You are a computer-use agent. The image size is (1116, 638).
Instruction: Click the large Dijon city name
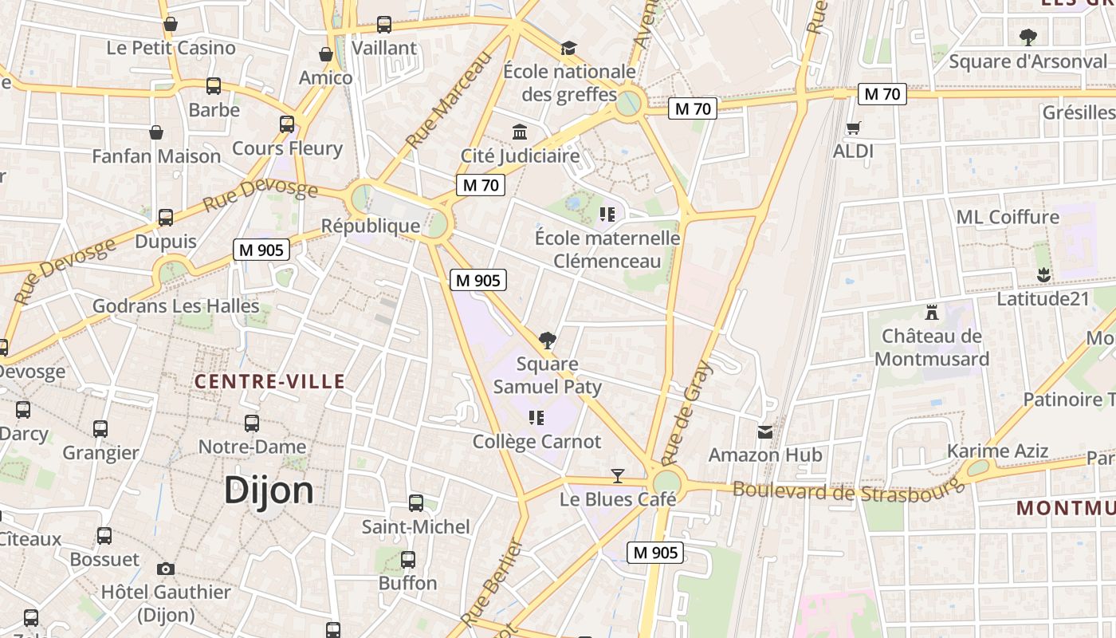pos(269,490)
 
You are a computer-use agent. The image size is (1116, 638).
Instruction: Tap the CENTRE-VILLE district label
pos(270,381)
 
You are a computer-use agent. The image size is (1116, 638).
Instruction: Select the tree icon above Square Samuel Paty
pos(547,341)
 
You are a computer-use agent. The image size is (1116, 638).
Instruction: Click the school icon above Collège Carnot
pos(536,417)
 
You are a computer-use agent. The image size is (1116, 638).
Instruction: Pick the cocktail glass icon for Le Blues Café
pos(617,476)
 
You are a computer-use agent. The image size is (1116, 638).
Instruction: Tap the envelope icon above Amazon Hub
pos(765,432)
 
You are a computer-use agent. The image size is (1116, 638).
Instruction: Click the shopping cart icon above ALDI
pos(853,128)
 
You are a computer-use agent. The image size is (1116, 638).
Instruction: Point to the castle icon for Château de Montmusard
pos(931,313)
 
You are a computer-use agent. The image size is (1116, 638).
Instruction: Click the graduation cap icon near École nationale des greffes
pos(568,48)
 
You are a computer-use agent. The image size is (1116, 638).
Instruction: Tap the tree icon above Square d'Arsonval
pos(1028,37)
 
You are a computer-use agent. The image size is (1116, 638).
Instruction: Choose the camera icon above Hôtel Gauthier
pos(166,569)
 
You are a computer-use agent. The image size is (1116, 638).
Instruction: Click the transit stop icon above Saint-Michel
pos(415,503)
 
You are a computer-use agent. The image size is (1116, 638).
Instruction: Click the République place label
pos(370,226)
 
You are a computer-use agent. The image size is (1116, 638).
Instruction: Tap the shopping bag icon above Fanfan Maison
pos(156,132)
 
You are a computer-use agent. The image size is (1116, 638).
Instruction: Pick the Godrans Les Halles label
pos(176,305)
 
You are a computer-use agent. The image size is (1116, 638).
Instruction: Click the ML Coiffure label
pos(1008,217)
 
